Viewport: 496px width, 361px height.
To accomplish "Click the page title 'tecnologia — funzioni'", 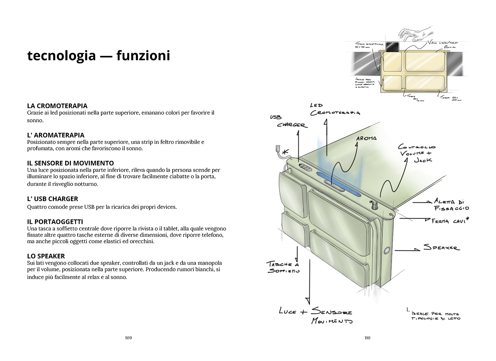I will (x=98, y=56).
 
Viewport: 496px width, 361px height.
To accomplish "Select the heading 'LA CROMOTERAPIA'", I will (x=57, y=106).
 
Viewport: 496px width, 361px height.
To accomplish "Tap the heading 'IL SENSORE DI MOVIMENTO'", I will (x=71, y=163).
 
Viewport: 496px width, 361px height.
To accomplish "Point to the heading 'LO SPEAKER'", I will (x=46, y=256).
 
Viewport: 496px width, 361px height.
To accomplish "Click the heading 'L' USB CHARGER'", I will (x=52, y=199).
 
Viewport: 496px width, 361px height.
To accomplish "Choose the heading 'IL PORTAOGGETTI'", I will (x=55, y=222).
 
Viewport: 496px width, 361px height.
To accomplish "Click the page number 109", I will (x=128, y=338).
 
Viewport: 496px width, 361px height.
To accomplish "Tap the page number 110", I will (x=367, y=338).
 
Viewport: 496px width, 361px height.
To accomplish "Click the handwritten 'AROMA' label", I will (x=366, y=138).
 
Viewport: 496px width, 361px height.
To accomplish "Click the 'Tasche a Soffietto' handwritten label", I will (x=283, y=267).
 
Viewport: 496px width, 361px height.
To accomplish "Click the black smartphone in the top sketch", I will (x=392, y=47).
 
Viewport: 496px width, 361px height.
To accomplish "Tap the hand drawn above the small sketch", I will (x=415, y=33).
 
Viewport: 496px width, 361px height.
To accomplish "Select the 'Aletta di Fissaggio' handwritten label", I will (x=451, y=205).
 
